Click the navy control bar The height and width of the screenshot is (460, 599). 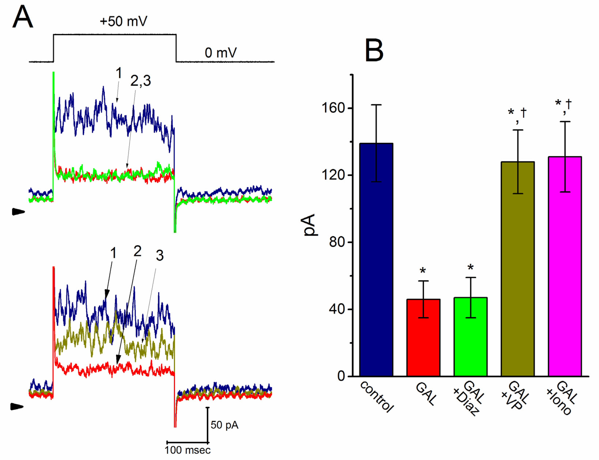376,260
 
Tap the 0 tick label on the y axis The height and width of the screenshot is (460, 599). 341,376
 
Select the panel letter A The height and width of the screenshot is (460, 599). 22,17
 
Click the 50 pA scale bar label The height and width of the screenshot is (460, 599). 224,425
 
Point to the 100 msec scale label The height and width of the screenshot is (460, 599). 188,450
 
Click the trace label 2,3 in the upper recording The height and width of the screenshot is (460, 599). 140,81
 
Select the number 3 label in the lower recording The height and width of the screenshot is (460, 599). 160,255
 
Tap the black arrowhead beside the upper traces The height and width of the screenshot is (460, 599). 18,212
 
